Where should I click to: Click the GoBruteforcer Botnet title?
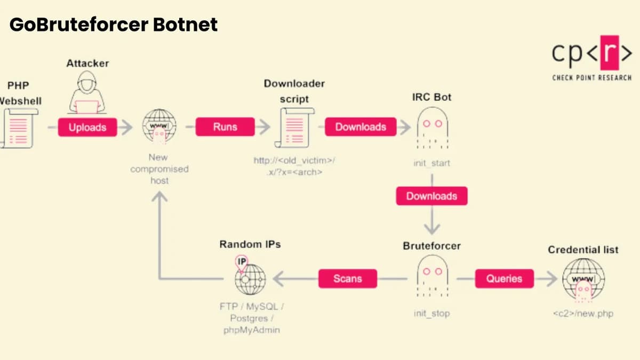[x=114, y=25]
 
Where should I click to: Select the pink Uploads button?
[x=87, y=127]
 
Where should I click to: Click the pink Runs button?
[x=225, y=127]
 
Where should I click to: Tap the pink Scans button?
[x=347, y=278]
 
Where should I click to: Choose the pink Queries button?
[x=504, y=278]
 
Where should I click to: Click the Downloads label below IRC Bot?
[x=431, y=196]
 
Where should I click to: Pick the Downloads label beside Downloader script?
[x=361, y=127]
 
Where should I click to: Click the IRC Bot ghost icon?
[x=432, y=128]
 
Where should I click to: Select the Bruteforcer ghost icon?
[x=432, y=276]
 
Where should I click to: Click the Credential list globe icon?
[x=583, y=280]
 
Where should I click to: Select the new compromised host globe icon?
[x=159, y=127]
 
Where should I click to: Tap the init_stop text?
[x=431, y=314]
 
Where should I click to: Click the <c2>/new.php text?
[x=583, y=314]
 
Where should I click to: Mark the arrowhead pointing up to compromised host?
[x=159, y=197]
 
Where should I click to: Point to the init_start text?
[x=431, y=163]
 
